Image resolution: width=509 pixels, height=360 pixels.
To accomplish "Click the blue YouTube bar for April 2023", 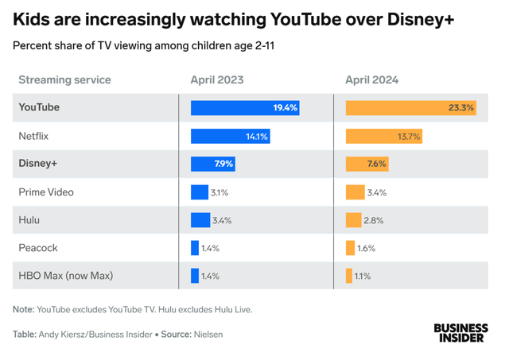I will click(x=245, y=107).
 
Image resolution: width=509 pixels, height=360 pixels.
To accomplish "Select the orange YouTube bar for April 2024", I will click(x=410, y=107).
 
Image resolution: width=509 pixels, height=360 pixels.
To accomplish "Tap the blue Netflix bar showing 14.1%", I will click(x=231, y=136).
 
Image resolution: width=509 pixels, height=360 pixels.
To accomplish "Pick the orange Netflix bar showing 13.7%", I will click(x=383, y=136).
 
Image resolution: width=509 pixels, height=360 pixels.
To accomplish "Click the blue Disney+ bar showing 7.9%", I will click(x=212, y=164).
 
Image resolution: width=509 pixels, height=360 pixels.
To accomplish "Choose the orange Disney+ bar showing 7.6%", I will click(x=367, y=164).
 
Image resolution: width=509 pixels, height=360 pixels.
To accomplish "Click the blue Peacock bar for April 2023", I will click(x=195, y=248).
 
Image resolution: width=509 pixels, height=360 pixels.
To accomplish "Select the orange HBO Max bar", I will click(x=349, y=276).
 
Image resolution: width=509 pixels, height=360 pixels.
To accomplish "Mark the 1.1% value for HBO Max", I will click(x=363, y=276).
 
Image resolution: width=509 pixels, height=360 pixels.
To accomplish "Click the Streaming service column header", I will click(x=64, y=79).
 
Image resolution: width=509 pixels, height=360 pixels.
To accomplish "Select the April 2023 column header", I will click(x=217, y=79).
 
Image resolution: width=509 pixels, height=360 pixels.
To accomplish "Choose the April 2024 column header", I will click(x=372, y=79).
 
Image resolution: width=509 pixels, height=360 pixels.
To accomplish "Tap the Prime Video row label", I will click(x=46, y=192).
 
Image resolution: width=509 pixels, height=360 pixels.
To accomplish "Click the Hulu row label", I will click(x=29, y=220).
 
